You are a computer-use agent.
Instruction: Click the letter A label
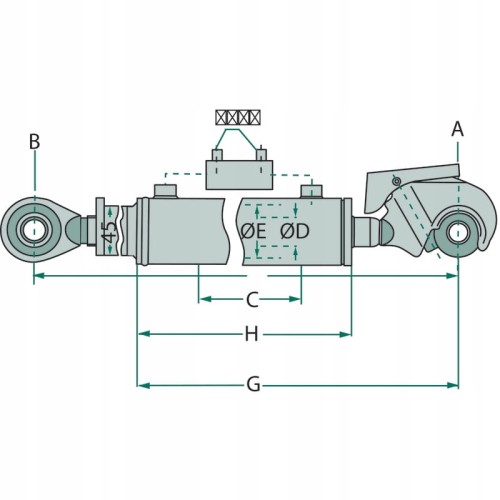click(x=457, y=129)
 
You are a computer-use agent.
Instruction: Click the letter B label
click(x=34, y=141)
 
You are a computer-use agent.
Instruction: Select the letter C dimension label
click(x=252, y=299)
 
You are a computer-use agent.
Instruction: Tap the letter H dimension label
click(x=252, y=334)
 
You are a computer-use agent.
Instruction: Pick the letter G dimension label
click(x=253, y=385)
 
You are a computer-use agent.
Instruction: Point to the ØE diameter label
click(x=253, y=231)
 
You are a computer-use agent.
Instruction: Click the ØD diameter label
click(x=295, y=231)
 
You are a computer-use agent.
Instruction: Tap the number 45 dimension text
click(x=109, y=231)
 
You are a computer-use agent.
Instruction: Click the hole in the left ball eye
click(x=34, y=231)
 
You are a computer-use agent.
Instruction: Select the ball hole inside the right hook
click(x=458, y=233)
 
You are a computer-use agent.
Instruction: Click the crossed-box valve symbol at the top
click(x=238, y=117)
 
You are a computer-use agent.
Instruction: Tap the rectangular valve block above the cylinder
click(x=239, y=175)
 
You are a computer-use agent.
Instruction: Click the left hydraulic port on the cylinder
click(x=165, y=191)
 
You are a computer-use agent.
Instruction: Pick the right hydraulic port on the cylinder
click(x=312, y=192)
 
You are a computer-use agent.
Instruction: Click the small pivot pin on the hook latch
click(x=396, y=181)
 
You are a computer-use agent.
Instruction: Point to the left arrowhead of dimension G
click(x=143, y=386)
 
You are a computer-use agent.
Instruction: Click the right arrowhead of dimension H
click(x=346, y=334)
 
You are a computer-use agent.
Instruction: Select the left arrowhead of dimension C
click(x=204, y=299)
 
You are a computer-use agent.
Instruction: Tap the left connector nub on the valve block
click(x=217, y=155)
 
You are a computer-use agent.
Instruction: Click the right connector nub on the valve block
click(x=261, y=155)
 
